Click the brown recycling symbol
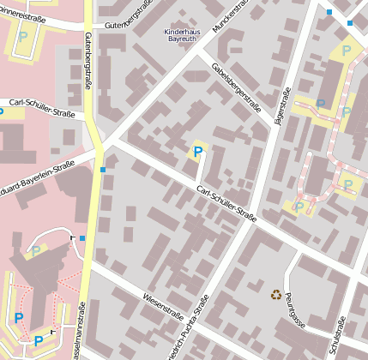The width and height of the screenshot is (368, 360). pos(276,294)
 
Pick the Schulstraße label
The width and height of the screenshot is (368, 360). pos(338,334)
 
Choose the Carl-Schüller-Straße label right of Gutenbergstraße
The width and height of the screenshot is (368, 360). pos(225,202)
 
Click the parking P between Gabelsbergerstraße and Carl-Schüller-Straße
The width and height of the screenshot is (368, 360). pos(198,153)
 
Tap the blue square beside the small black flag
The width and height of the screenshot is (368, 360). pos(82,237)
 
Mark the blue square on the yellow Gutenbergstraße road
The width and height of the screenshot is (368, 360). pos(103,170)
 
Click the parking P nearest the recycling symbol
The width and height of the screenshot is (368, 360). pos(299,207)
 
